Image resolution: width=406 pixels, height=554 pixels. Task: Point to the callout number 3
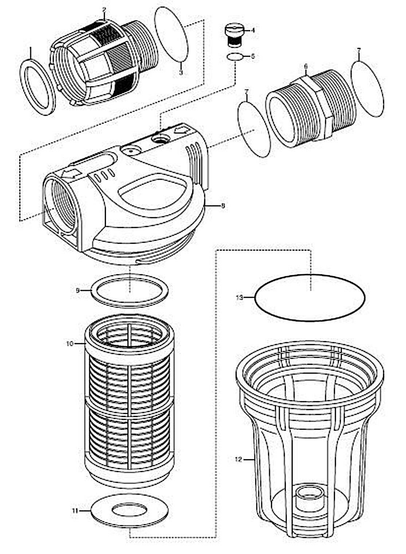181,73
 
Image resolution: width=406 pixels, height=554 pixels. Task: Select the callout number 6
306,66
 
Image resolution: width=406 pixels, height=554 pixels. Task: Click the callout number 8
223,206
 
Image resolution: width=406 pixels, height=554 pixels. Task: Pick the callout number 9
78,290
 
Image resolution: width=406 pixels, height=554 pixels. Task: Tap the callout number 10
70,343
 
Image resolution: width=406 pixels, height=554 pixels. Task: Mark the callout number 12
239,460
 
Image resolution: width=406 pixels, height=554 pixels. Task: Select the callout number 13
239,297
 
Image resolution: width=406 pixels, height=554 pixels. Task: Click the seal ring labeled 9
129,290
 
